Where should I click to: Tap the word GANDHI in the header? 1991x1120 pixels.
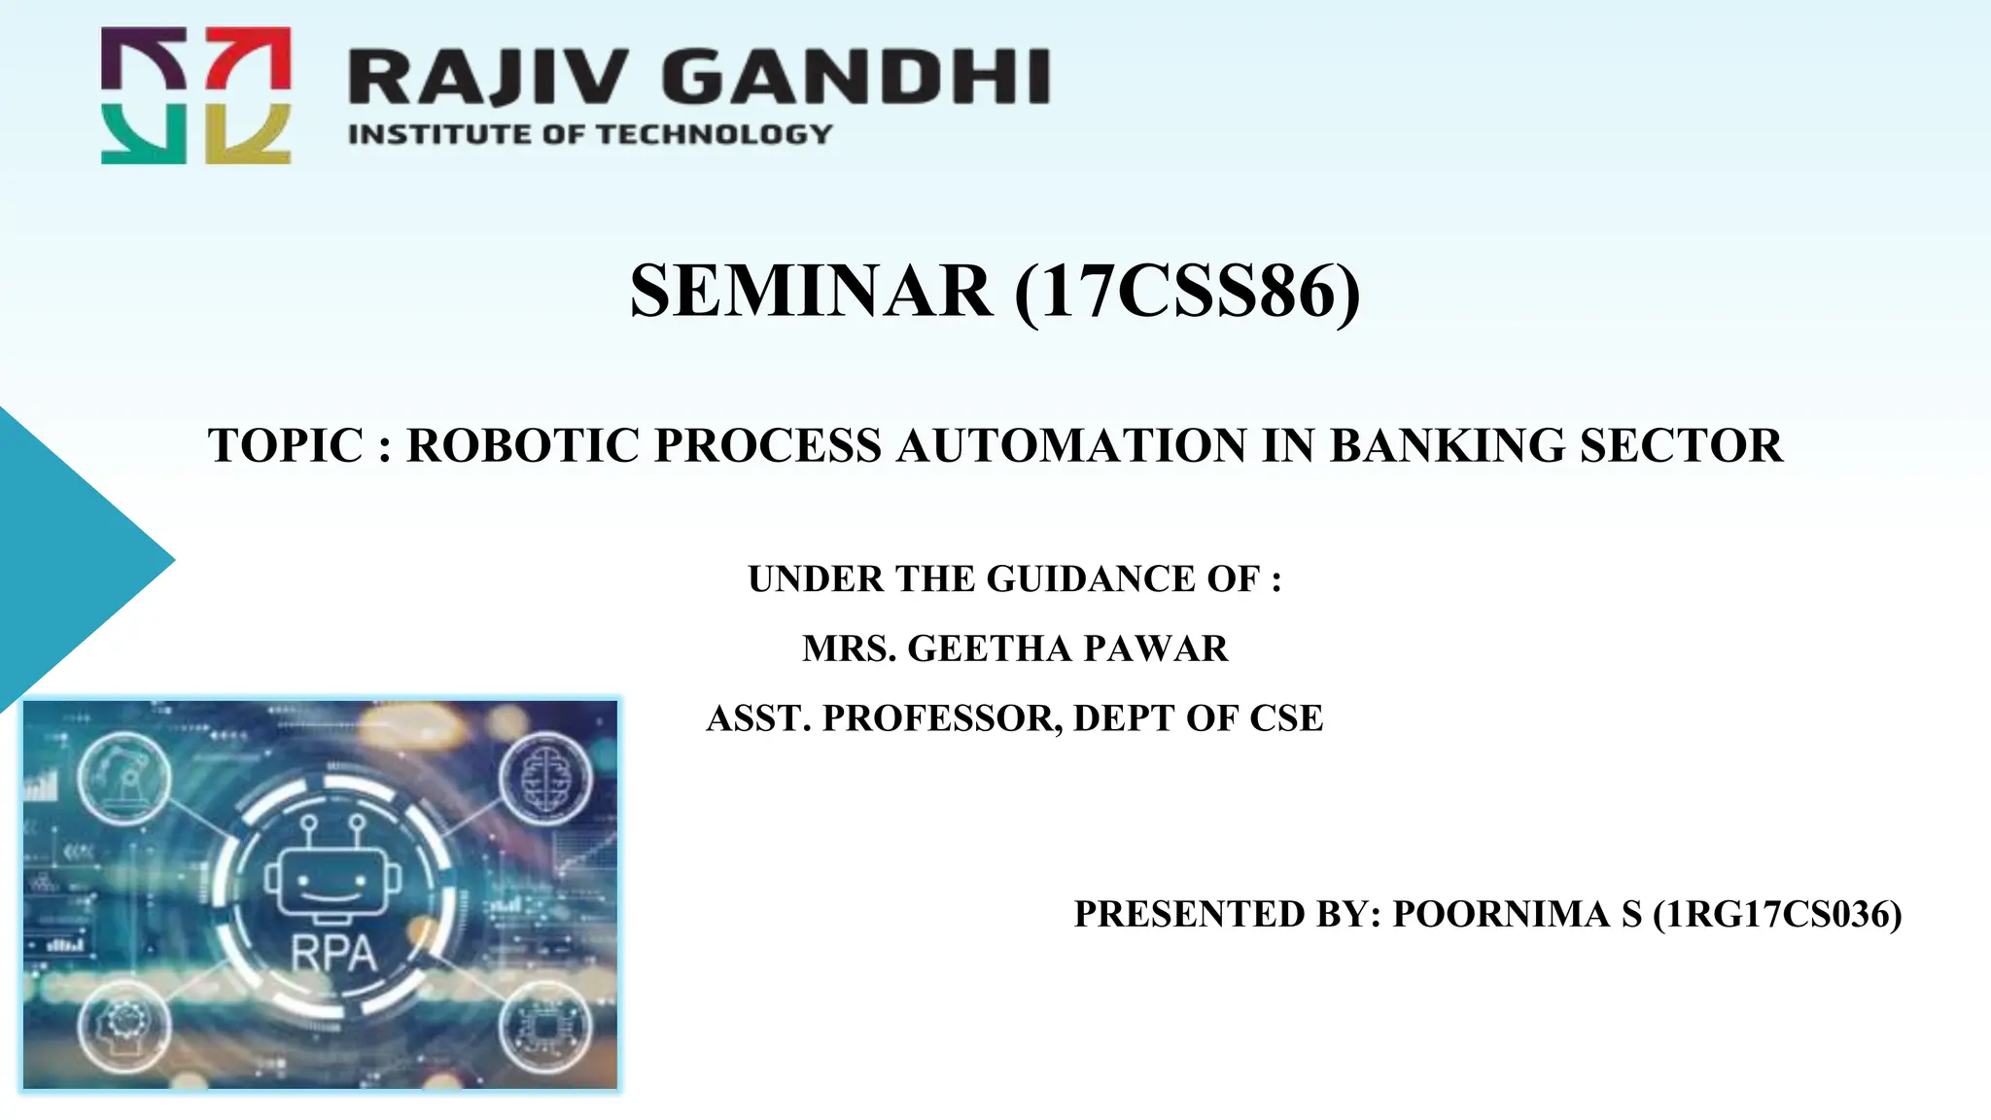click(857, 77)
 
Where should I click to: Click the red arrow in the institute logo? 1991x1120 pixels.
click(249, 57)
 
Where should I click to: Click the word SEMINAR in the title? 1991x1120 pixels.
click(812, 291)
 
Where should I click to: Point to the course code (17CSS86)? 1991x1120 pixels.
click(1187, 291)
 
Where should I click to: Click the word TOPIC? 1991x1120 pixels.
click(286, 446)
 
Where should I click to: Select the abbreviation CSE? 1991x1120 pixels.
click(1285, 718)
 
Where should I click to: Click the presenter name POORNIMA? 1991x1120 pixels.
click(1500, 915)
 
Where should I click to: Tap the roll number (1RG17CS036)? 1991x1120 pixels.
click(1777, 915)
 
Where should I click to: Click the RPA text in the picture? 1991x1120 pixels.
click(333, 953)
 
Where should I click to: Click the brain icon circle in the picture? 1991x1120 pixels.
click(544, 779)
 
